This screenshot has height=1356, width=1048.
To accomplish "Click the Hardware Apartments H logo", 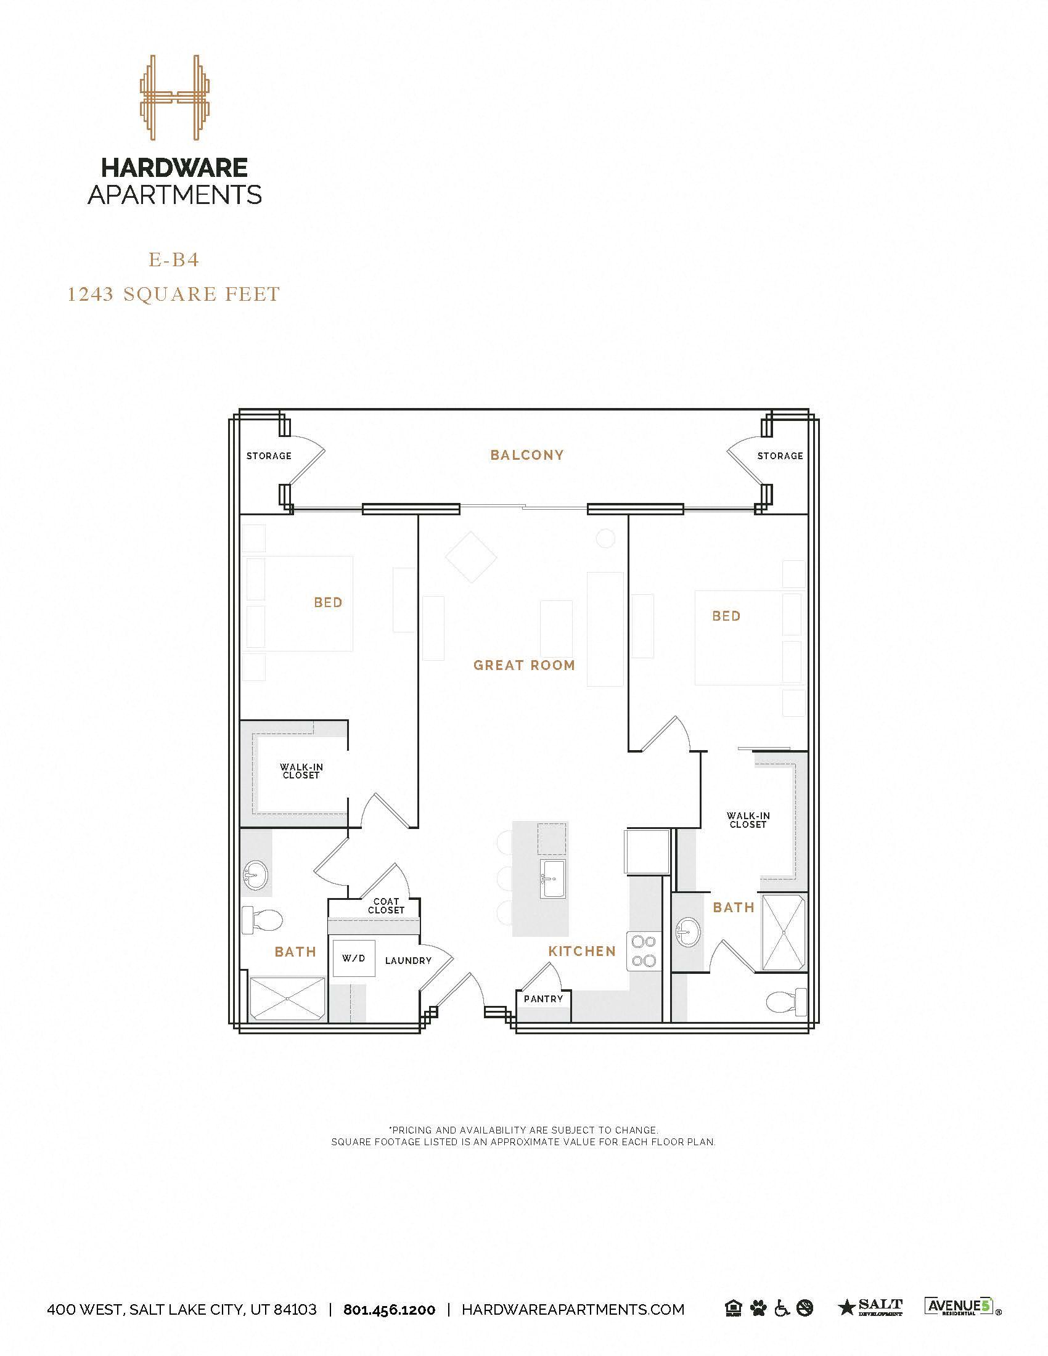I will [174, 97].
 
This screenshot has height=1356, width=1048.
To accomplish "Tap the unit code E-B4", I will [174, 259].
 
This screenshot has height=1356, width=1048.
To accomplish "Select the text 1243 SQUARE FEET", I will [174, 293].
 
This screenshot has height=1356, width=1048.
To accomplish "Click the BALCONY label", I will [527, 455].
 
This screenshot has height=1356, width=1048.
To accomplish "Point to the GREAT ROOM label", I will [524, 666].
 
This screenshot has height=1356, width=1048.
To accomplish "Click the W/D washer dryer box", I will [353, 958].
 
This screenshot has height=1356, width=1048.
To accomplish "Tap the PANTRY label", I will [543, 999].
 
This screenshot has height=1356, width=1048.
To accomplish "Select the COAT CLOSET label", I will [385, 906].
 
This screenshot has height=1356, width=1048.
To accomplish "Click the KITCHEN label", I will [582, 951].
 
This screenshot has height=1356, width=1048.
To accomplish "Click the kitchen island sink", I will [552, 878].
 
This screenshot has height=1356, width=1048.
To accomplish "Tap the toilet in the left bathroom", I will [261, 919].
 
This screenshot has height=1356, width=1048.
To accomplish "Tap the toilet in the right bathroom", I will [785, 1001].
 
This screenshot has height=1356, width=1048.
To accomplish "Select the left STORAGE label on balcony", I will [269, 455].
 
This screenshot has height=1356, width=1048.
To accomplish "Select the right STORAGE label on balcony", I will [780, 455].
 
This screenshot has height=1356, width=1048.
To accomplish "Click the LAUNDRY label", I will [408, 960].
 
